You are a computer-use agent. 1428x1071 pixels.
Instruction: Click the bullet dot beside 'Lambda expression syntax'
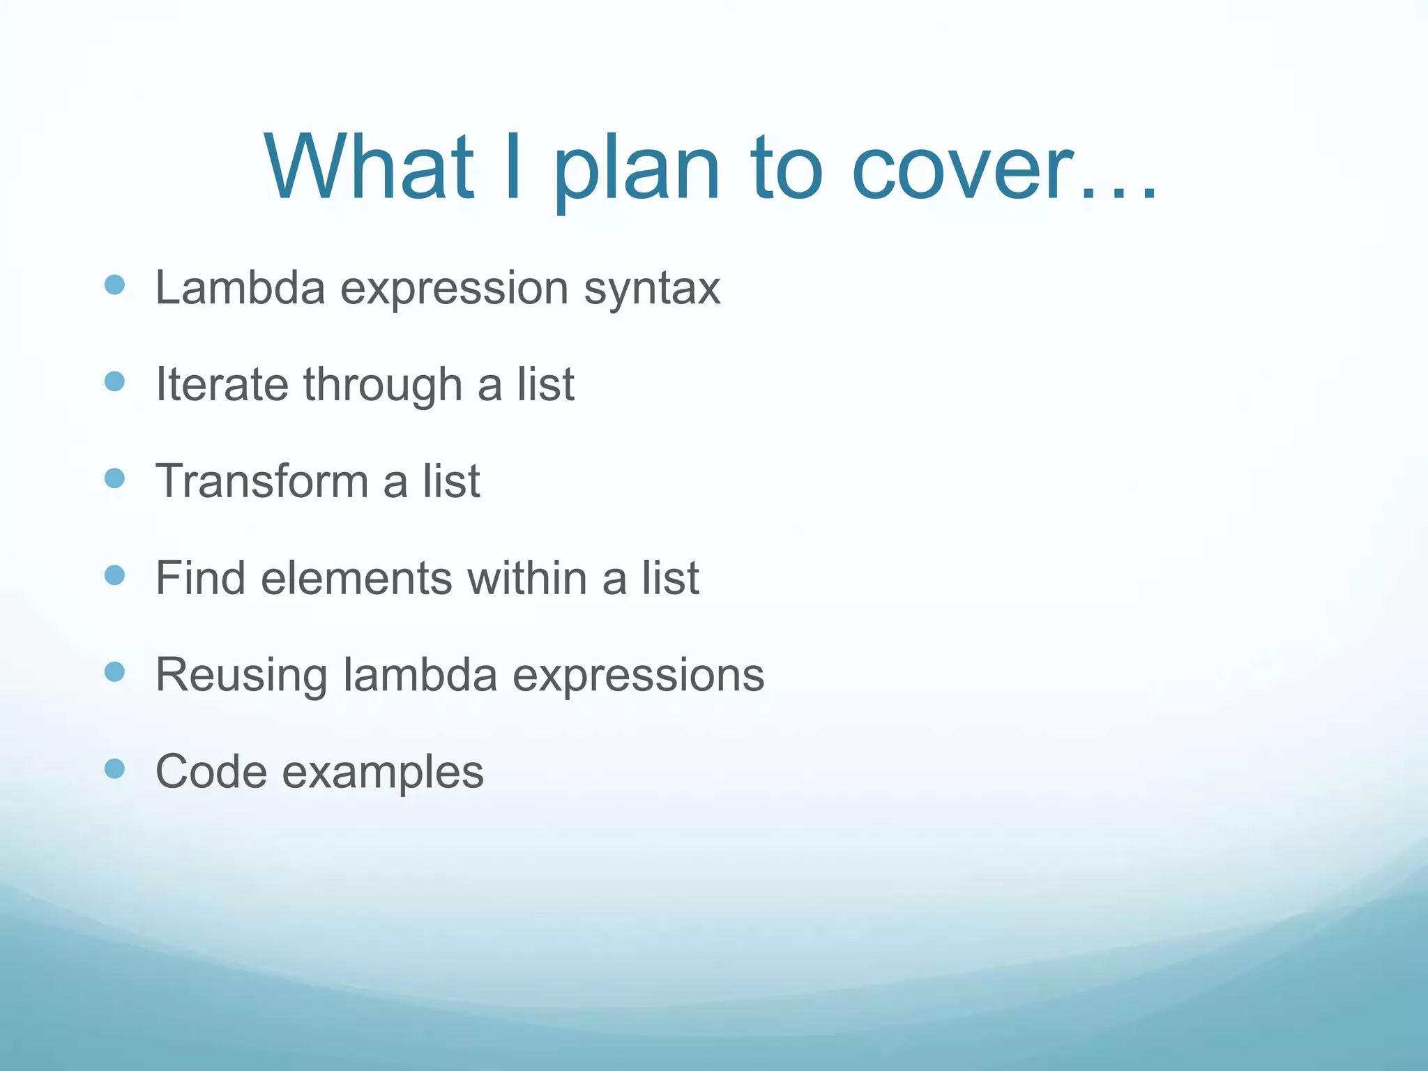tap(114, 284)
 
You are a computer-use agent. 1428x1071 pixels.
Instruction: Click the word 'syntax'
tap(651, 289)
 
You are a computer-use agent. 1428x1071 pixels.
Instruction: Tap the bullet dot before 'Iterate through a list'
tap(114, 381)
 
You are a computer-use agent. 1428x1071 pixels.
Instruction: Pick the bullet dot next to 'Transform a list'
tap(114, 478)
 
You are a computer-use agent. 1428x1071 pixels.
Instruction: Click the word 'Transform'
tap(261, 481)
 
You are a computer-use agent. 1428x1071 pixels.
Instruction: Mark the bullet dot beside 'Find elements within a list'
tap(114, 575)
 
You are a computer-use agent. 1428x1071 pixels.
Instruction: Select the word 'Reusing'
tap(241, 675)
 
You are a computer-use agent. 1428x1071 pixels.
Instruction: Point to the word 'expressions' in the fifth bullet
tap(638, 675)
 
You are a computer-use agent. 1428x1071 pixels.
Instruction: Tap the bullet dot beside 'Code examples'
tap(114, 768)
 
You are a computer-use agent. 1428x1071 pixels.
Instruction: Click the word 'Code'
tap(211, 772)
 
